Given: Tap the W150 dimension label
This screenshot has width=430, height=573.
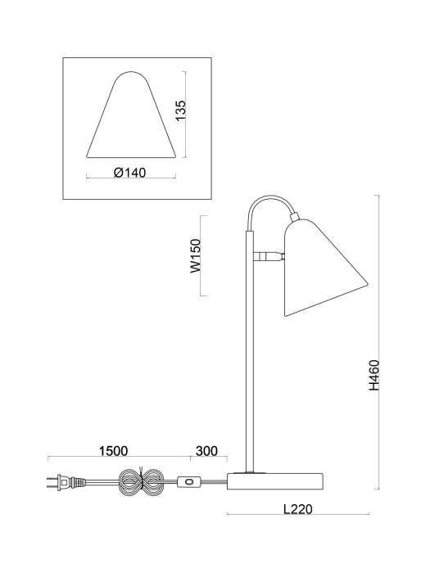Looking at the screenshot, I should [196, 256].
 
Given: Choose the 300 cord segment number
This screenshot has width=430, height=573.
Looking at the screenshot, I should [207, 451].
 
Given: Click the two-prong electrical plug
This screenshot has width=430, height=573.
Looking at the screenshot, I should [58, 484].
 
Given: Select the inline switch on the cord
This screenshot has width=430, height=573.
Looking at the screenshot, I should [190, 484].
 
